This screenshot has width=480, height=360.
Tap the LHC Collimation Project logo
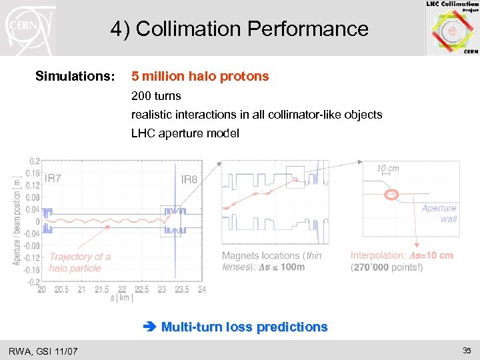click(x=452, y=28)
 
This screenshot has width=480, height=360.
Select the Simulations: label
click(x=75, y=77)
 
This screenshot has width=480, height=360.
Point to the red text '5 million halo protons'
click(x=200, y=77)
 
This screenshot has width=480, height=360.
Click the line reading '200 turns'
click(x=156, y=96)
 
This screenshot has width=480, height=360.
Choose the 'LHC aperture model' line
click(x=185, y=133)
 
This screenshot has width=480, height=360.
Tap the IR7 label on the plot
click(x=53, y=179)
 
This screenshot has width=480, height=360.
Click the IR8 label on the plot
click(x=189, y=179)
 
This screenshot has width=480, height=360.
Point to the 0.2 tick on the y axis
click(x=33, y=161)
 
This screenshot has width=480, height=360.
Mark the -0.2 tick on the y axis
click(x=32, y=282)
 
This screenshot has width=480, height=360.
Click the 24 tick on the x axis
click(x=201, y=290)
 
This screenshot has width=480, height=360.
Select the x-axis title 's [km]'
click(x=121, y=297)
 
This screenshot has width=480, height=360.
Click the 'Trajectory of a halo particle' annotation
click(x=80, y=262)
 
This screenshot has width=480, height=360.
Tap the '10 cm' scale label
click(x=388, y=169)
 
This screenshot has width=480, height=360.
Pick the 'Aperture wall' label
click(x=439, y=213)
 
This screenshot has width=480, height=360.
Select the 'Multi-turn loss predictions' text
click(x=244, y=327)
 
